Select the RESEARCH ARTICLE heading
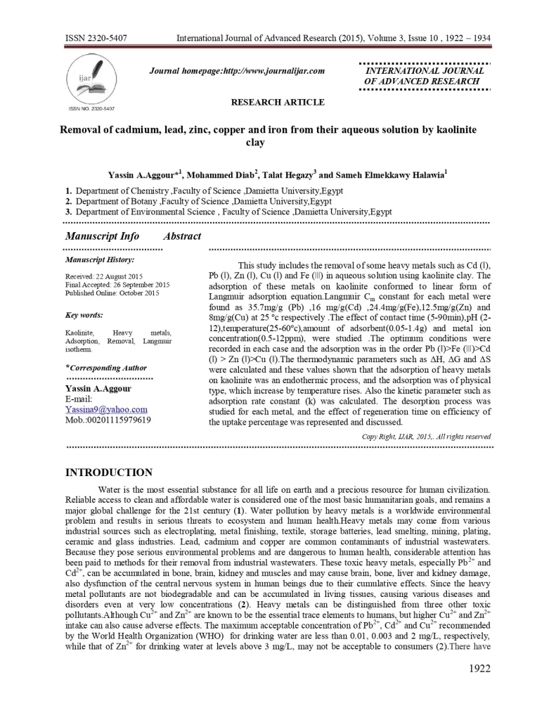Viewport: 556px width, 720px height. pos(278,103)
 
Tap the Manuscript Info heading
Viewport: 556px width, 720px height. pos(102,236)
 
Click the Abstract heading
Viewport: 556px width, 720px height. pos(182,236)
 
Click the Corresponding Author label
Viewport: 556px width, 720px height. pos(106,368)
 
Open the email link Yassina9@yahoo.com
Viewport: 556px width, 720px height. pos(106,409)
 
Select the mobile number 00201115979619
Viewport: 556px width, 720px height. pos(108,420)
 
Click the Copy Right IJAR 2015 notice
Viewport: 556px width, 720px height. pos(426,437)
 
